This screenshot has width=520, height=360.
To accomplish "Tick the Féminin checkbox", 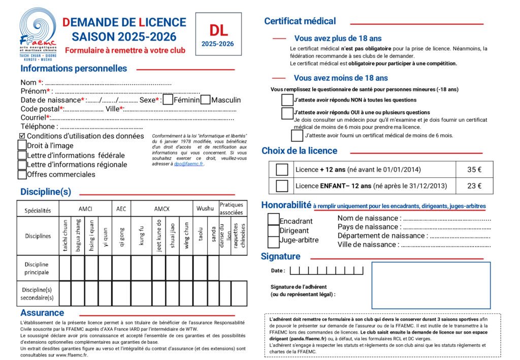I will coord(168,100).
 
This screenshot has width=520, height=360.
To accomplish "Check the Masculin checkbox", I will coord(205,100).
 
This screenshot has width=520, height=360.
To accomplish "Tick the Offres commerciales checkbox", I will coord(22,175).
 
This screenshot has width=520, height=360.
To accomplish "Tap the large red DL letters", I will coord(218,30).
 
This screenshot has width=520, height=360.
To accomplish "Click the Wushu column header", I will coord(205,209).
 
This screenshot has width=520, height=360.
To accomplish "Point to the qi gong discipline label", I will coord(121,236).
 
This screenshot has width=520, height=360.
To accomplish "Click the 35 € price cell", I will coord(474,170).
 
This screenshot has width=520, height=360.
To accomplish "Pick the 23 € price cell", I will coord(474,186).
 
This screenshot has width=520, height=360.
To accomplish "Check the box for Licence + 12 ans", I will coord(282,170).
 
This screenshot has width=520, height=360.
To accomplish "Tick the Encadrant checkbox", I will coord(273,220).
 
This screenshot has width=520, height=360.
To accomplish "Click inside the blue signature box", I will coord(431,285).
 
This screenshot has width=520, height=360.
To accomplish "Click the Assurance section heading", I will coord(42,313).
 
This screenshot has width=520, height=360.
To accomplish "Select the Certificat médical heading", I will coord(300,21).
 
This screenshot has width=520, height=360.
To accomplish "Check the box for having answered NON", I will coord(287,100).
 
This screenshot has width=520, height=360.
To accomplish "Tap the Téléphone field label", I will coord(38,126).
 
